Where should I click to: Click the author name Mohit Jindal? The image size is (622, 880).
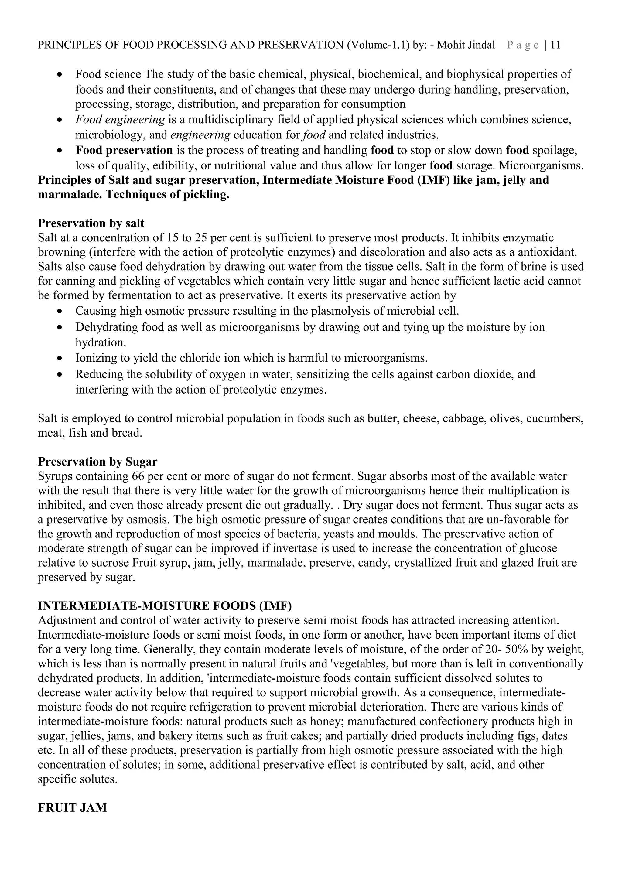[466, 45]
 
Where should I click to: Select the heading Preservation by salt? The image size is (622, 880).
[91, 223]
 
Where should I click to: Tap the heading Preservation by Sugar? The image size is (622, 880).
[97, 462]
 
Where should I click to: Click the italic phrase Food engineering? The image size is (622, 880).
[120, 120]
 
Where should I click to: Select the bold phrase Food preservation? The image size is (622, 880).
[124, 150]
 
